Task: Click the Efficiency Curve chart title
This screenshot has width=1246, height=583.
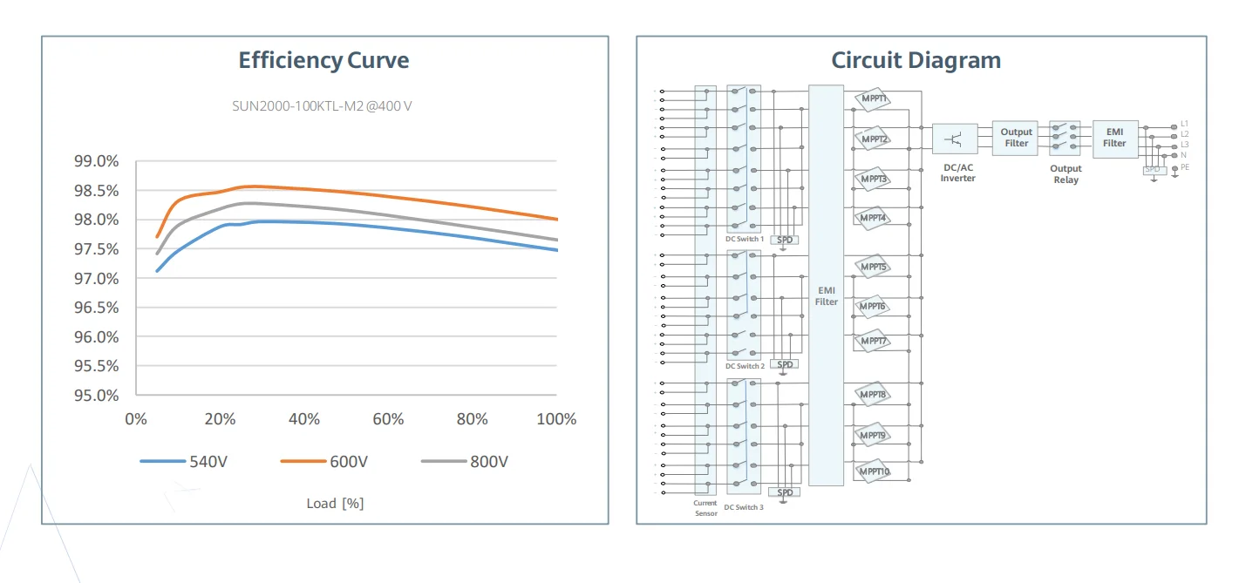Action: [323, 60]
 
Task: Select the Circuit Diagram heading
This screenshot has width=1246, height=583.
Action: [916, 60]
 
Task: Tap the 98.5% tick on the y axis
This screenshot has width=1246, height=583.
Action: [96, 190]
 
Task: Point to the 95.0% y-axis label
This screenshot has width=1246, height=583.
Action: [96, 395]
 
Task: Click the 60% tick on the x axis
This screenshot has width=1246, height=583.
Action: [388, 419]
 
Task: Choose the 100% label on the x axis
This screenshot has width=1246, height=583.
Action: [555, 419]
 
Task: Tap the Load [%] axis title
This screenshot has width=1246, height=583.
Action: [335, 503]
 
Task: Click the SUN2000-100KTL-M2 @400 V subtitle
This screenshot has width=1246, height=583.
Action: [322, 106]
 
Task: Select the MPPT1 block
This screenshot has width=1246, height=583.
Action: [873, 98]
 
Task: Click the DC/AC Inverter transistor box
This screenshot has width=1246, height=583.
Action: [955, 139]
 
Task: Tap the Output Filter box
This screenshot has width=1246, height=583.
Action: [1016, 138]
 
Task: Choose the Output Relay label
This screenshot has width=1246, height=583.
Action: [1066, 174]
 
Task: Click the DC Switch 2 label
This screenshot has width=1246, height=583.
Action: [745, 367]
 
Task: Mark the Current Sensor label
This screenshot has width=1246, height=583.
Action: [705, 508]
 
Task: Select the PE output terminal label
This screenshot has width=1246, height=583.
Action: [1185, 166]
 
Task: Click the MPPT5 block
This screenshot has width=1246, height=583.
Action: [873, 267]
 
